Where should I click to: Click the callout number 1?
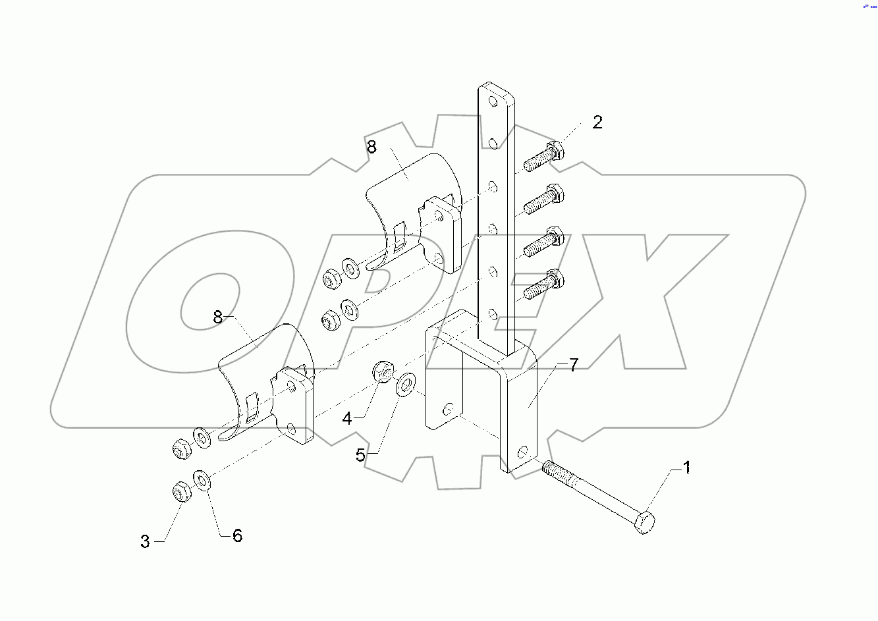pyautogui.click(x=686, y=468)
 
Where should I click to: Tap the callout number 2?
pyautogui.click(x=597, y=122)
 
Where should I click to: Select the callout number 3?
pyautogui.click(x=145, y=541)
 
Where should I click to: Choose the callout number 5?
pyautogui.click(x=360, y=455)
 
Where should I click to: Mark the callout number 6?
pyautogui.click(x=237, y=536)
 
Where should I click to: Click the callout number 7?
pyautogui.click(x=573, y=365)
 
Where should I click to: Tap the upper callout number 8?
pyautogui.click(x=371, y=147)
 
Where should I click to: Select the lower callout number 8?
pyautogui.click(x=219, y=317)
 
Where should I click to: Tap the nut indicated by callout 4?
pyautogui.click(x=383, y=372)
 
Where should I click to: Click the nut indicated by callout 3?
pyautogui.click(x=180, y=493)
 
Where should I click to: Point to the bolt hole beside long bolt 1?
pyautogui.click(x=522, y=452)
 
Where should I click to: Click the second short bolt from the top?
pyautogui.click(x=544, y=200)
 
